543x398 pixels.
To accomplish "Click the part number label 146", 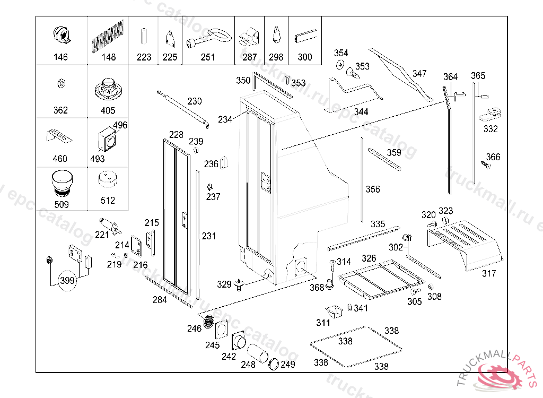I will pos(61,57).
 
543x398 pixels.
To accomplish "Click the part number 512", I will pos(108,201).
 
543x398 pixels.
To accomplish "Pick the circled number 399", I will pos(67,281).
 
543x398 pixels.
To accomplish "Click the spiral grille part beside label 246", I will pos(209,321).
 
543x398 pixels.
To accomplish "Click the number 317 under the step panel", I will pos(489,274).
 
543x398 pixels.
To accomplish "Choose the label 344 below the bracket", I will pos(362,112).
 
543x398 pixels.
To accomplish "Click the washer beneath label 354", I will pos(339,65).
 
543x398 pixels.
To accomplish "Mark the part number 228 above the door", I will pos(176,134).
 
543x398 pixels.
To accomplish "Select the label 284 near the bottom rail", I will pos(160,300).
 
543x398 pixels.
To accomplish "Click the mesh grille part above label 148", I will pos(108,36).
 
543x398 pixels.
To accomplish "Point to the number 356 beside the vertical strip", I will pos(373,189).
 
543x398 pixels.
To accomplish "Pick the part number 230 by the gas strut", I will pos(195,101).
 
